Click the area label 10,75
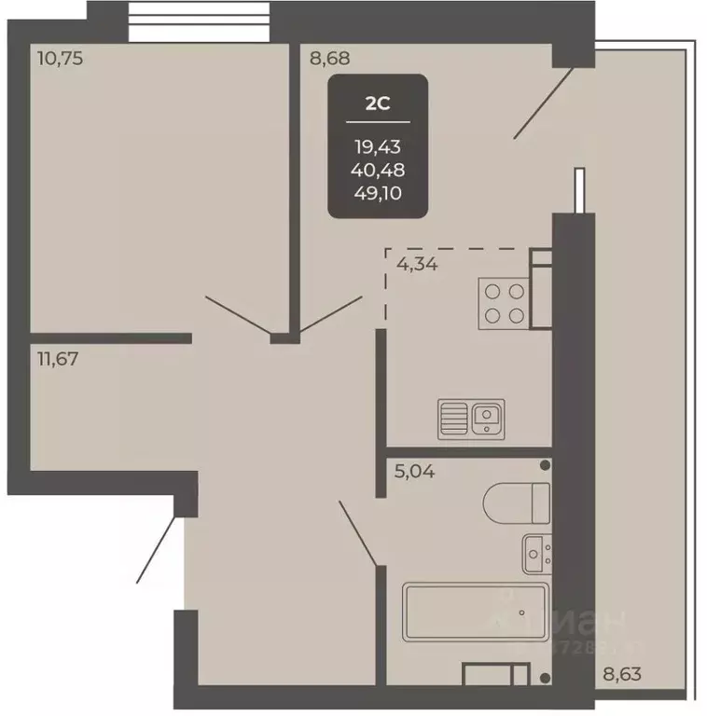coord(59,58)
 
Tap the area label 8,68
coord(330,58)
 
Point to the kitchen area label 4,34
coord(417,264)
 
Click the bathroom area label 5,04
coord(416,472)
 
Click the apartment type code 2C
coord(377,103)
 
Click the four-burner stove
coord(503,302)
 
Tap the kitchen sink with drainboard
coord(471,417)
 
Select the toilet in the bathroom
coord(516,503)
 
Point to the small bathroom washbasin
coord(536,554)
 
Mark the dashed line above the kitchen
coord(457,249)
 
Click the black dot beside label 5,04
coord(545,464)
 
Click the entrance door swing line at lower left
coord(156,550)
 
